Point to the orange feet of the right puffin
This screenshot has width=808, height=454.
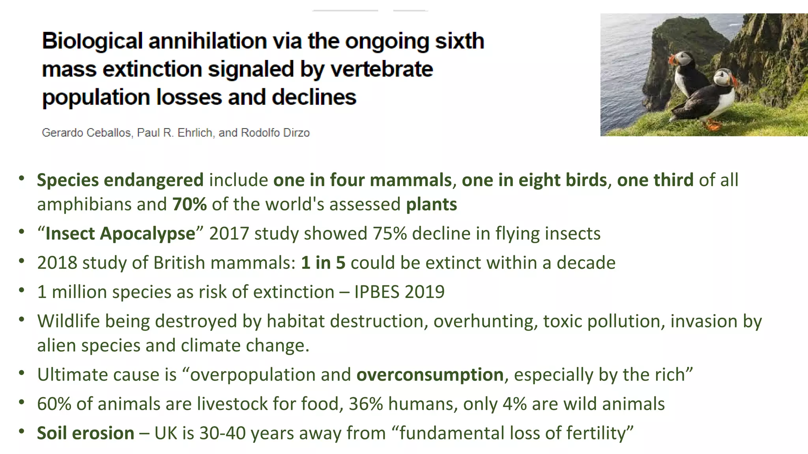click(x=713, y=125)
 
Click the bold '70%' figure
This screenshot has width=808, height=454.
click(x=189, y=205)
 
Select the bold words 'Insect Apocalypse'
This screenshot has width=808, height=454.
click(x=120, y=234)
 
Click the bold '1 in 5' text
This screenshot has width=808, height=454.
click(x=323, y=263)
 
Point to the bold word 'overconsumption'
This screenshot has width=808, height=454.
click(x=430, y=375)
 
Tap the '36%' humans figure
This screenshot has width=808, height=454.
click(x=366, y=404)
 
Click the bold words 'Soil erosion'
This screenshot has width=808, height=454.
click(x=86, y=433)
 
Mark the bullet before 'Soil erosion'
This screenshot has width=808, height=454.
click(x=22, y=431)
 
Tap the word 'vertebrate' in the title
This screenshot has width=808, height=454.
click(x=382, y=69)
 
